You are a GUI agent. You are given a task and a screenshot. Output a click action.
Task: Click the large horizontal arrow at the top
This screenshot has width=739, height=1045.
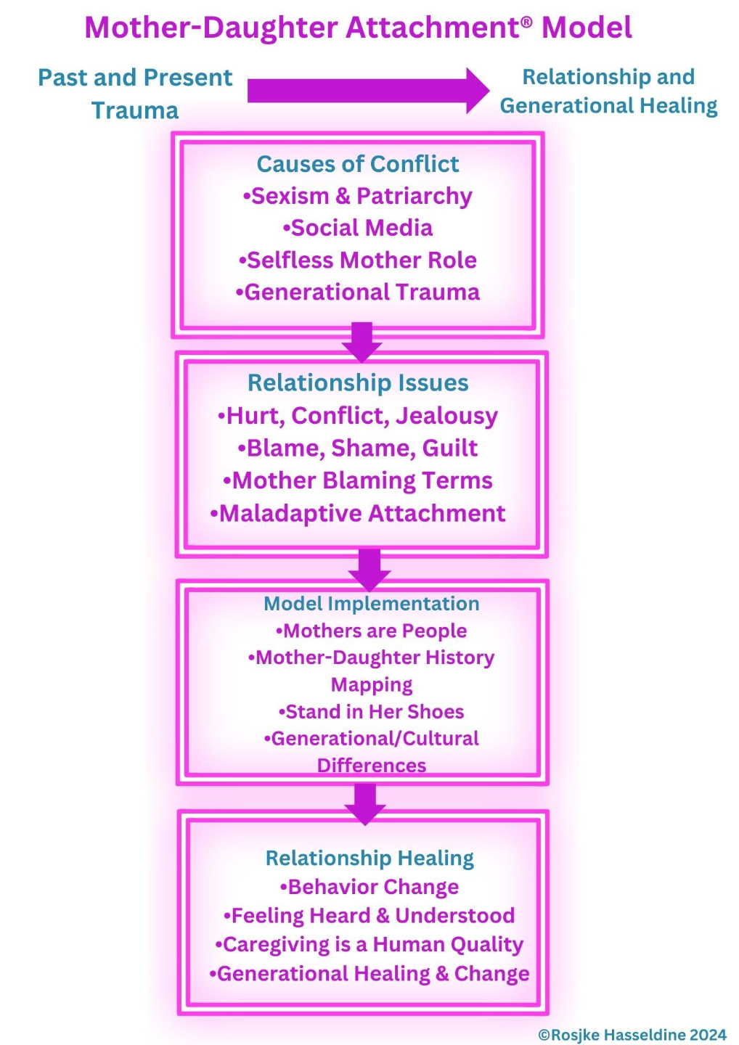pyautogui.click(x=367, y=91)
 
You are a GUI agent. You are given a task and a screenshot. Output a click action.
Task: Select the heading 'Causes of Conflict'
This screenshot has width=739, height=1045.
pyautogui.click(x=357, y=164)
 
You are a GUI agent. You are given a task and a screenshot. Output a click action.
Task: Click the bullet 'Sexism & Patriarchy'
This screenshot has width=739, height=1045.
pyautogui.click(x=357, y=196)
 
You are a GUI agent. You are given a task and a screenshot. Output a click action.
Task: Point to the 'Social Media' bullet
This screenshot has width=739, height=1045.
pyautogui.click(x=357, y=228)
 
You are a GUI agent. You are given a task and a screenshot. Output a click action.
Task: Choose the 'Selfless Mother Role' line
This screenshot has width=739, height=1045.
pyautogui.click(x=357, y=260)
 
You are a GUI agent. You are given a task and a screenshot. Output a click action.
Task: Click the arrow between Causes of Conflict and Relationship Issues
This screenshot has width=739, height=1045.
pyautogui.click(x=362, y=342)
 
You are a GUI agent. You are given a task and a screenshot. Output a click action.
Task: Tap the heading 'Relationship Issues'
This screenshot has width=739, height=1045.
pyautogui.click(x=358, y=382)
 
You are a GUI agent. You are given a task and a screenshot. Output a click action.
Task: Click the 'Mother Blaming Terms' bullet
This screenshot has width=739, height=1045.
pyautogui.click(x=357, y=480)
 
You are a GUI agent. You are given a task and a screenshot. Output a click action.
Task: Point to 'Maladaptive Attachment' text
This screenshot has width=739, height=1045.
pyautogui.click(x=357, y=513)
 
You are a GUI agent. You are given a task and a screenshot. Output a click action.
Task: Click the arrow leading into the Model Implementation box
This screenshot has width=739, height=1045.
pyautogui.click(x=369, y=569)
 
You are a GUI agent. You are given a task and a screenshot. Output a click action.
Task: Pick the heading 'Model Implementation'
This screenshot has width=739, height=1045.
pyautogui.click(x=371, y=604)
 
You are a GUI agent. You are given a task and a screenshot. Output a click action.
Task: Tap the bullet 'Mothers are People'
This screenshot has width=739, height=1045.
pyautogui.click(x=371, y=631)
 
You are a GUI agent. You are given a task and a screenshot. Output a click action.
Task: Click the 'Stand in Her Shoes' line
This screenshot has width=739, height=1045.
pyautogui.click(x=371, y=711)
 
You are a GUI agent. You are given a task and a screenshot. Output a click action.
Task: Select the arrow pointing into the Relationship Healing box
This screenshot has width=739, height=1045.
pyautogui.click(x=365, y=804)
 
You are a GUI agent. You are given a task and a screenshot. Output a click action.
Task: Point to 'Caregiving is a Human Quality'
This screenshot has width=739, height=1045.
pyautogui.click(x=369, y=944)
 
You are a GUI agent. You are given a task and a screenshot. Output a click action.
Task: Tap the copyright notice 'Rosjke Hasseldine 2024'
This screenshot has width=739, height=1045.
pyautogui.click(x=632, y=1035)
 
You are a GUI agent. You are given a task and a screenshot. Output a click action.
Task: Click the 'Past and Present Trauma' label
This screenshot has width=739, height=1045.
pyautogui.click(x=135, y=94)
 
